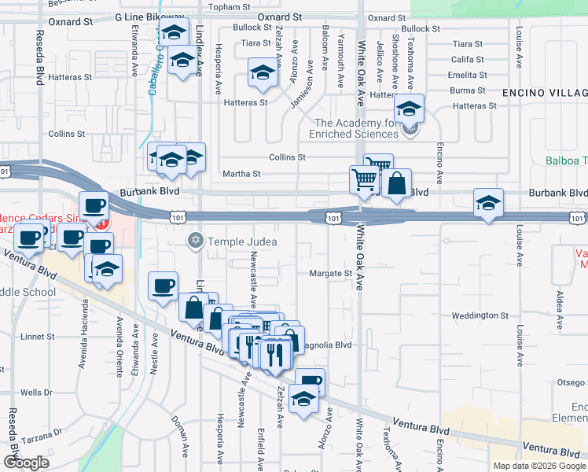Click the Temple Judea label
click(x=242, y=241)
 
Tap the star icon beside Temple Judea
click(x=196, y=240)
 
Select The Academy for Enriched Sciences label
click(x=358, y=128)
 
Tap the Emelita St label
click(x=468, y=75)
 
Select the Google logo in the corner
click(x=26, y=463)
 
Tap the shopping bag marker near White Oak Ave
click(x=397, y=185)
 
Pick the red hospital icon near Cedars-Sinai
click(x=107, y=223)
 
